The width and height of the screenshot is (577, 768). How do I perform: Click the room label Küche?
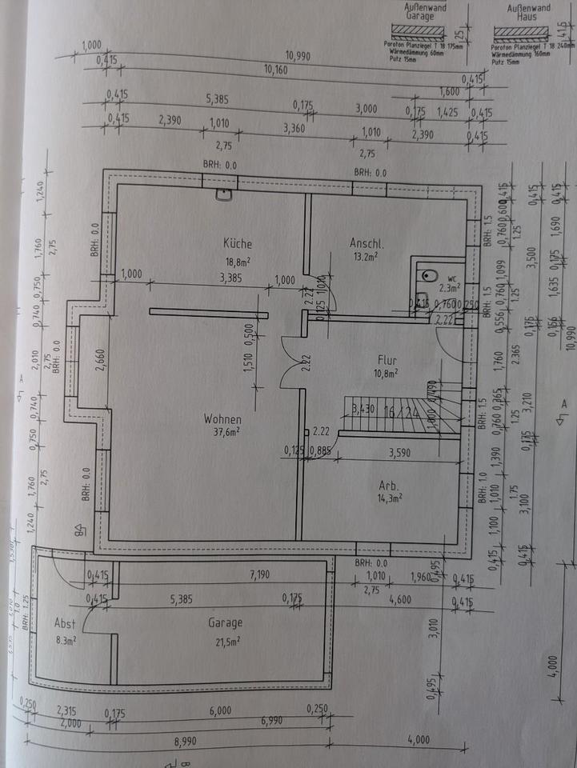[x=238, y=243]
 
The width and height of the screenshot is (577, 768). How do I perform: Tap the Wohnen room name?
[x=222, y=418]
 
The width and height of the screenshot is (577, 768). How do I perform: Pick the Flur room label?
[x=388, y=359]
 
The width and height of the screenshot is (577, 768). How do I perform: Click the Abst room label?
[x=65, y=623]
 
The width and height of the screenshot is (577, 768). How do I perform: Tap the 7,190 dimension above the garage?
[x=263, y=574]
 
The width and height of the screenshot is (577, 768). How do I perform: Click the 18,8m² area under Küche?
[x=238, y=259]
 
